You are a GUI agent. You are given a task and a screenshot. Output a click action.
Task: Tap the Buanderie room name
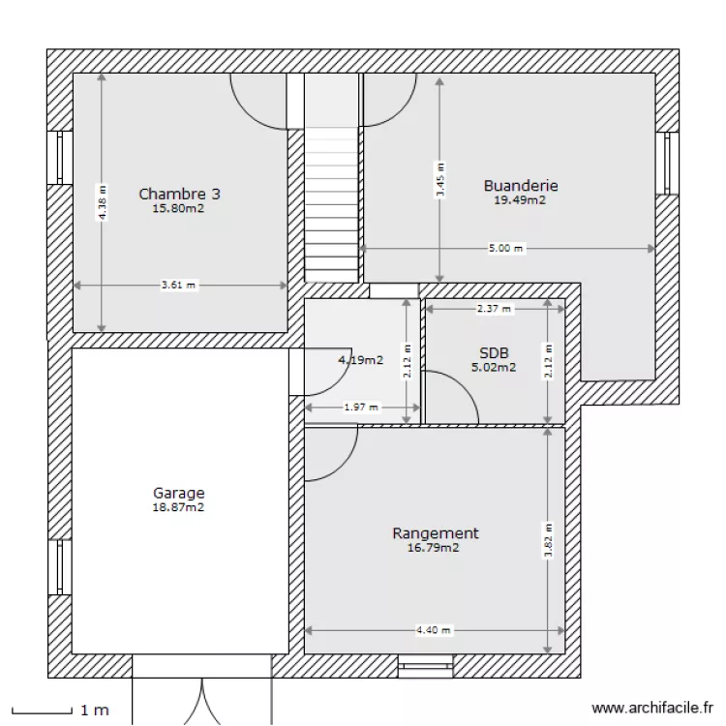(x=521, y=186)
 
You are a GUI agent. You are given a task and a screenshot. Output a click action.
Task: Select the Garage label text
(x=178, y=493)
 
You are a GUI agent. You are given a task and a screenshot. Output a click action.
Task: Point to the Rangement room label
(x=435, y=533)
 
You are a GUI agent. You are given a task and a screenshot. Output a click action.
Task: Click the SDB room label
(x=494, y=353)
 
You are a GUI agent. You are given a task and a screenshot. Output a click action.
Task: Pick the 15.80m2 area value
(x=178, y=207)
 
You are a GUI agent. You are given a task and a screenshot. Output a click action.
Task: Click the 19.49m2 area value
(x=521, y=200)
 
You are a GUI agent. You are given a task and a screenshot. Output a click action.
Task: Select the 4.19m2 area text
(x=360, y=360)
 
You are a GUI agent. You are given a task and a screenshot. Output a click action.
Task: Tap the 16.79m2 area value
(x=433, y=548)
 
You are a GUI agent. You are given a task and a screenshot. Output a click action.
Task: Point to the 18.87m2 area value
(x=178, y=506)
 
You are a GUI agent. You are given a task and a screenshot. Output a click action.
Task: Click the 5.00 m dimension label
(x=506, y=249)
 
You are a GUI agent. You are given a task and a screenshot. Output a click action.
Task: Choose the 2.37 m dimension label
(x=494, y=309)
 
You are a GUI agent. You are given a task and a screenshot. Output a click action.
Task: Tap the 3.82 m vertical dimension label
(x=549, y=541)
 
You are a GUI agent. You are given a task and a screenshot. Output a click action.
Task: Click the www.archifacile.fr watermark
(x=650, y=710)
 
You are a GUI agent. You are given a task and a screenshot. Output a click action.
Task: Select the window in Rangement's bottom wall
(x=425, y=665)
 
